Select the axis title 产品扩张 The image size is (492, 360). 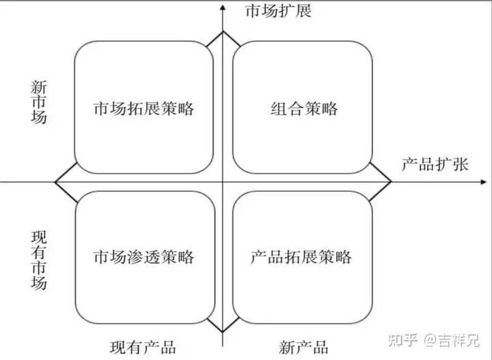pyautogui.click(x=435, y=165)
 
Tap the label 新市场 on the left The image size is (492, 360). pyautogui.click(x=40, y=102)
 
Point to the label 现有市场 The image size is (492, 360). pyautogui.click(x=40, y=260)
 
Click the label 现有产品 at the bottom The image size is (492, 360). pyautogui.click(x=143, y=346)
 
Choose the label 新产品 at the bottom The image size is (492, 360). pyautogui.click(x=303, y=346)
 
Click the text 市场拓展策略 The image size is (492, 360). pyautogui.click(x=143, y=109)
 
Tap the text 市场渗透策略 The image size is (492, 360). pyautogui.click(x=143, y=257)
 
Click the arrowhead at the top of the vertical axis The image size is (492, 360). pyautogui.click(x=223, y=5)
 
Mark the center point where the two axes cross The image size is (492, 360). pyautogui.click(x=223, y=182)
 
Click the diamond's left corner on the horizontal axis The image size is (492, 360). pyautogui.click(x=55, y=182)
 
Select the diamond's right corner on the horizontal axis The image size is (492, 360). pyautogui.click(x=390, y=182)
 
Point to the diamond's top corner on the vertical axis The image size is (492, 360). pyautogui.click(x=223, y=31)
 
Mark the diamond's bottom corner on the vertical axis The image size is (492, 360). pyautogui.click(x=223, y=333)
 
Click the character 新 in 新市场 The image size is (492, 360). pyautogui.click(x=40, y=87)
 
